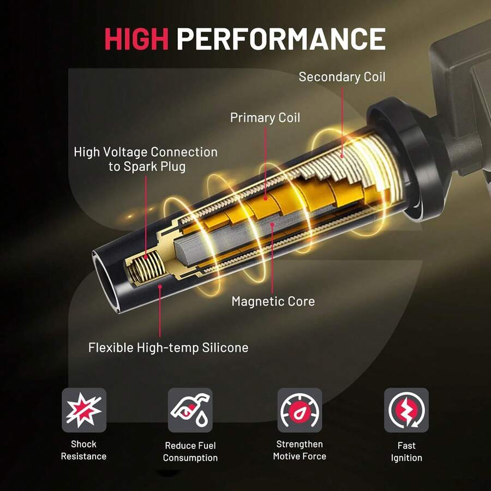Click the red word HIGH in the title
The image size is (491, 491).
click(136, 39)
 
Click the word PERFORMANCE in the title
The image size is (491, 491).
click(281, 39)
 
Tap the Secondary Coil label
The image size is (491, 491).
click(342, 77)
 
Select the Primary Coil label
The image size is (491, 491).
click(265, 118)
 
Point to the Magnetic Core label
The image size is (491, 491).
click(273, 301)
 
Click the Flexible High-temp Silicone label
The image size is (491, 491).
click(168, 348)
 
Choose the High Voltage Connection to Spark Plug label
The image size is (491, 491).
click(146, 159)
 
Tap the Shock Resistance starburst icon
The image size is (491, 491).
click(84, 410)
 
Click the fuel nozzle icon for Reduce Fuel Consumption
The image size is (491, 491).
click(190, 410)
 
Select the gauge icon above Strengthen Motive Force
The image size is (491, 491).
click(300, 410)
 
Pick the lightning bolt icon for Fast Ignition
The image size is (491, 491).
click(406, 410)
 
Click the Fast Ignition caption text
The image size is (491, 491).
click(406, 452)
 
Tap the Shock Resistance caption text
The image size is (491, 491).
click(83, 450)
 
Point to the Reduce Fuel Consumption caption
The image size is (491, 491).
click(190, 452)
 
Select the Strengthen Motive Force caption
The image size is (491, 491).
click(300, 450)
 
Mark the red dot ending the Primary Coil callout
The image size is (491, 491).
click(265, 198)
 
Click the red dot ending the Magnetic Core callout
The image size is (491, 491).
click(272, 224)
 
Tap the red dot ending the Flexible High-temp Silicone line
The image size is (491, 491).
click(160, 286)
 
